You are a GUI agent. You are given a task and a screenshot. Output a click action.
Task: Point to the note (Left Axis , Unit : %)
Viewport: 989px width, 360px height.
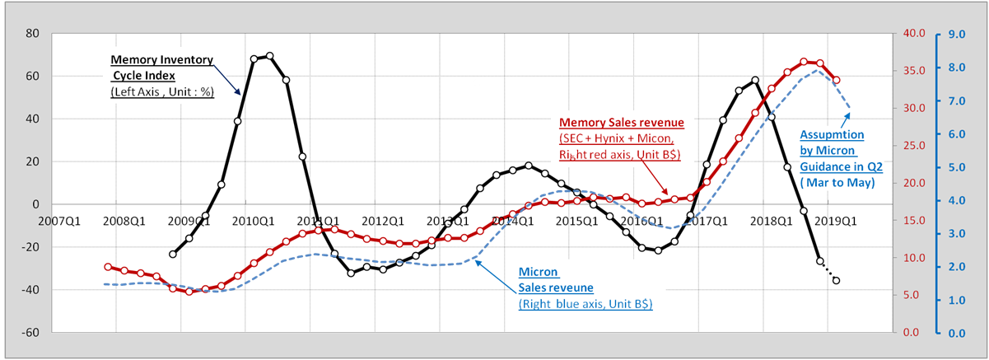[162, 91]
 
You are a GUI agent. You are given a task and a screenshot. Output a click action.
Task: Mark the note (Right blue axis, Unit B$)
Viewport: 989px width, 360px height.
[585, 304]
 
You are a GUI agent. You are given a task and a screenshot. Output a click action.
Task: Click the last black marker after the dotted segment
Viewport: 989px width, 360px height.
[837, 281]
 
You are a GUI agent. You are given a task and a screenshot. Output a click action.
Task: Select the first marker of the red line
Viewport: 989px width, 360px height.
[108, 267]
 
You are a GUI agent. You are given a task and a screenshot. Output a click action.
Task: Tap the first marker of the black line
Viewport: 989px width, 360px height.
[173, 255]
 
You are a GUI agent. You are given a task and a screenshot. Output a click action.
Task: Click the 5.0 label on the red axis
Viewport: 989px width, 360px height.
[909, 295]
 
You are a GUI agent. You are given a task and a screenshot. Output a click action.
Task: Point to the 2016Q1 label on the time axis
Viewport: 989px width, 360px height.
[642, 221]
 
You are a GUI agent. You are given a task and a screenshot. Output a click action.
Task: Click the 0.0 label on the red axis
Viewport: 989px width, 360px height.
[909, 332]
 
